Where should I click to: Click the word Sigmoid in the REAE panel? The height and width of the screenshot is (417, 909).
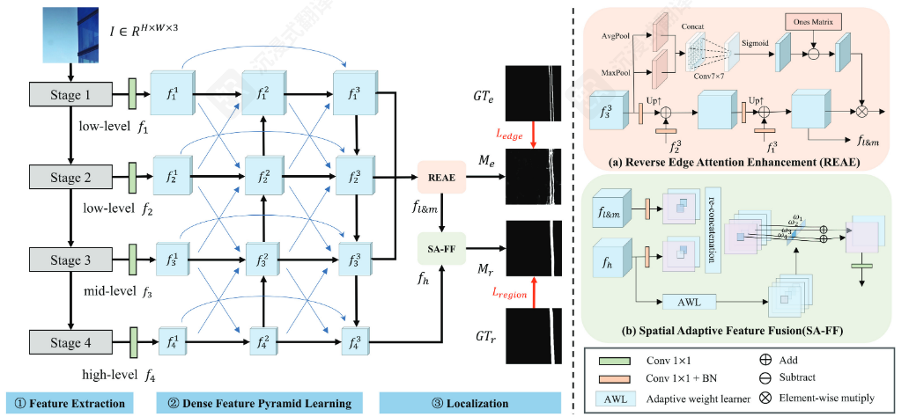pyautogui.click(x=755, y=40)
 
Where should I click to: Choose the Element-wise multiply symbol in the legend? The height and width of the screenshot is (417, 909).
pyautogui.click(x=754, y=398)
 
